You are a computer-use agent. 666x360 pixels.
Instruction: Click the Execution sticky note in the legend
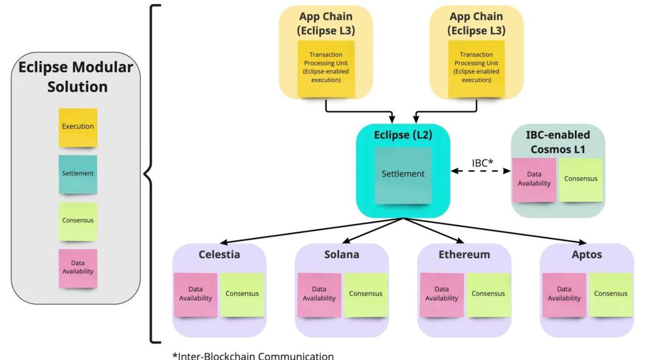click(78, 127)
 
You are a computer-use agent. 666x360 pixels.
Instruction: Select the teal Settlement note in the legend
click(78, 174)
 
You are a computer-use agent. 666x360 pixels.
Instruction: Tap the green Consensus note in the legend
click(78, 221)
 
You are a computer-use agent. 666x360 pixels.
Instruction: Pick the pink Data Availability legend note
click(78, 268)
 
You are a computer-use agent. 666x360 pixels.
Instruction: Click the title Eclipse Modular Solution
click(76, 77)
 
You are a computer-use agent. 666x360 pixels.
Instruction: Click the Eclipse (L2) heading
click(403, 135)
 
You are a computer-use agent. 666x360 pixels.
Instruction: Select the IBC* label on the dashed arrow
click(482, 163)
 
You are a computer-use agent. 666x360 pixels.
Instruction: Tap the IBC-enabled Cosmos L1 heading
click(558, 142)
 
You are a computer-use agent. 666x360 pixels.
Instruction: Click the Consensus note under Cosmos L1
click(581, 179)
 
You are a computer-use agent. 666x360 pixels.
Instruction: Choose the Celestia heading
click(219, 255)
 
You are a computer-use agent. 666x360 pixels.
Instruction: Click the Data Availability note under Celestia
click(196, 294)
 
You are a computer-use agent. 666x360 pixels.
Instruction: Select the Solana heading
click(342, 255)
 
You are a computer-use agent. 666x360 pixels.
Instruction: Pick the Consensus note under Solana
click(366, 294)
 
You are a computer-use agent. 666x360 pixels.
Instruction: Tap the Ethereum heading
click(464, 255)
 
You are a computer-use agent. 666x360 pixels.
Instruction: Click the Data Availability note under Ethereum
click(442, 294)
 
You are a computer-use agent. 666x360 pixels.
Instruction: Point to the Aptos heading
click(587, 255)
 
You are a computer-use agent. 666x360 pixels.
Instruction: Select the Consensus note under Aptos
click(611, 294)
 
